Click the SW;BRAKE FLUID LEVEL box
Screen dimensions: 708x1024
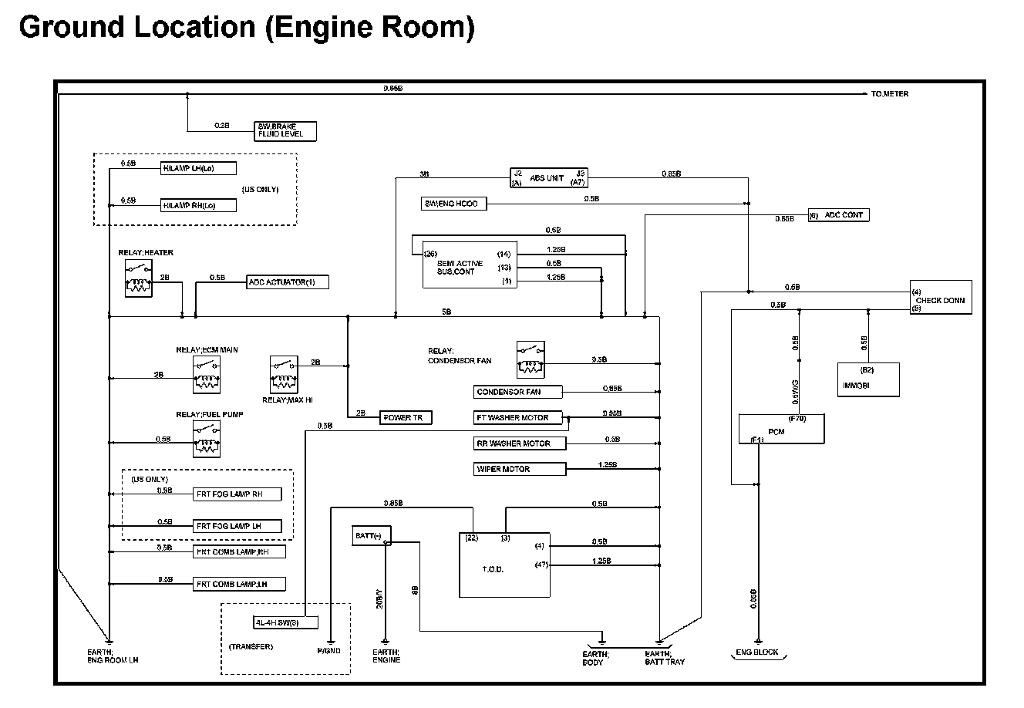[x=285, y=130]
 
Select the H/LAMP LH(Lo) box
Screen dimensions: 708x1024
[x=198, y=168]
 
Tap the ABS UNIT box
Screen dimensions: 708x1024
[x=548, y=178]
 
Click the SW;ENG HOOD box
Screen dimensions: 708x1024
[x=454, y=204]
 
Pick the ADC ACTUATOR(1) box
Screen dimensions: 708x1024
[x=287, y=282]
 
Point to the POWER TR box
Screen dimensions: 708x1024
[x=406, y=417]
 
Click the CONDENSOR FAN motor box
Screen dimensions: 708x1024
[x=518, y=392]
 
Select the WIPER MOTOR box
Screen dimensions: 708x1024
[x=520, y=469]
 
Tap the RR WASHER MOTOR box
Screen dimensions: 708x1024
[x=520, y=443]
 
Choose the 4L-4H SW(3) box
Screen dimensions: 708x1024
[x=276, y=622]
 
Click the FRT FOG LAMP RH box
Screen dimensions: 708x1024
[x=237, y=494]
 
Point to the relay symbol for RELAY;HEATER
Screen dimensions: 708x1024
[x=137, y=278]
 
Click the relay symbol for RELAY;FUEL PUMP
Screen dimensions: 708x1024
[x=206, y=440]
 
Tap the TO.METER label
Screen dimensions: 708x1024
[x=889, y=94]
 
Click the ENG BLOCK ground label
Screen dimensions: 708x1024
[x=758, y=653]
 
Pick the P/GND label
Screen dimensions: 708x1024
[x=329, y=650]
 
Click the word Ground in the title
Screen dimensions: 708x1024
[x=71, y=27]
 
